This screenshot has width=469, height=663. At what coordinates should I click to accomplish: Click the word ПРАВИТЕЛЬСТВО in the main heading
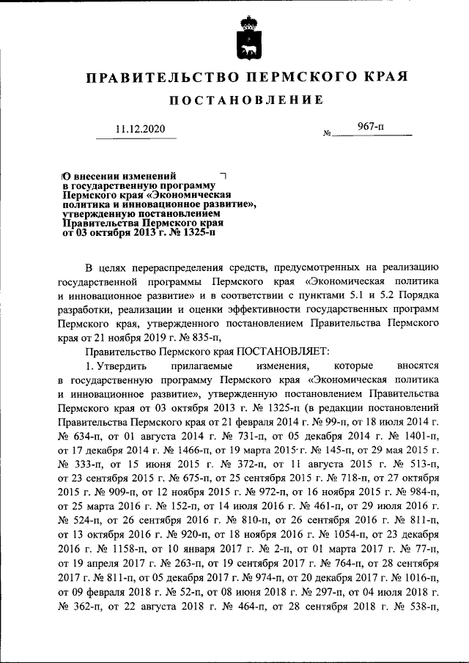(x=156, y=77)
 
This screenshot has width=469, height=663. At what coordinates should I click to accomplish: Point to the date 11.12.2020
(x=141, y=129)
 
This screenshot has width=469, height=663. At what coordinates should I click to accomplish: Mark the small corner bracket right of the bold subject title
(x=224, y=177)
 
